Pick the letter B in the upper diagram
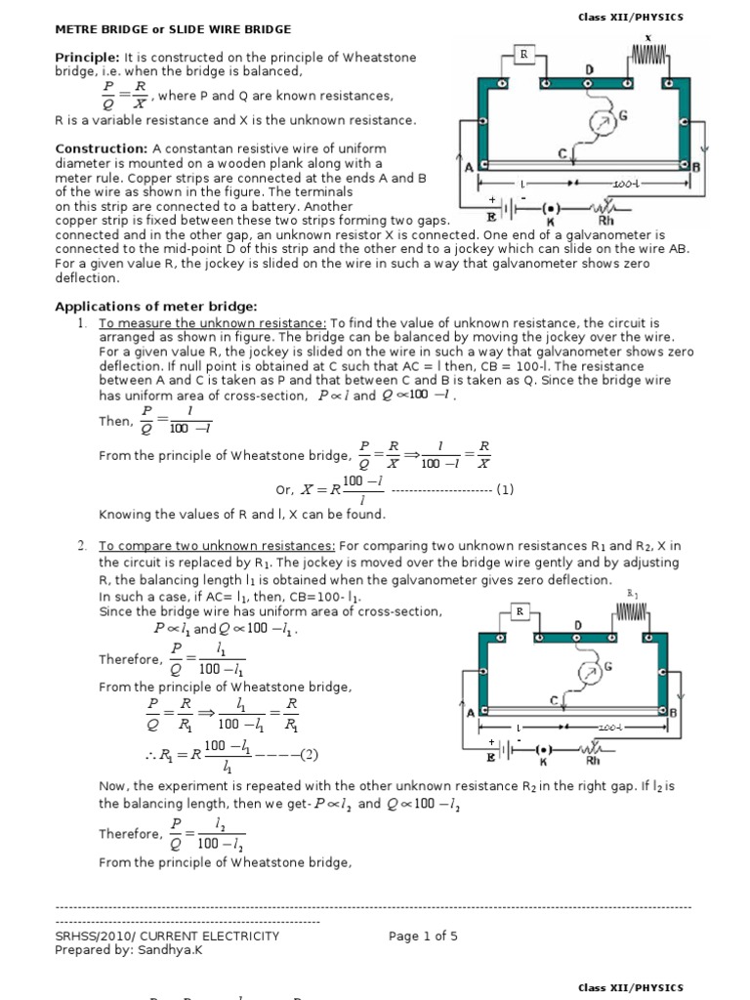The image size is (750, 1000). [x=723, y=167]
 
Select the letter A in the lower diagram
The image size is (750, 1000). [x=471, y=714]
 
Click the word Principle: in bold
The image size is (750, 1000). [x=87, y=58]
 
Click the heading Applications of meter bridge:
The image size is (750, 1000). [x=155, y=307]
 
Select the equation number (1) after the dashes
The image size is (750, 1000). [x=504, y=489]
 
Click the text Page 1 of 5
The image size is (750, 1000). [x=423, y=936]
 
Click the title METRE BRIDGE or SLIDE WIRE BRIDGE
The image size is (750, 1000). [x=172, y=30]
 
